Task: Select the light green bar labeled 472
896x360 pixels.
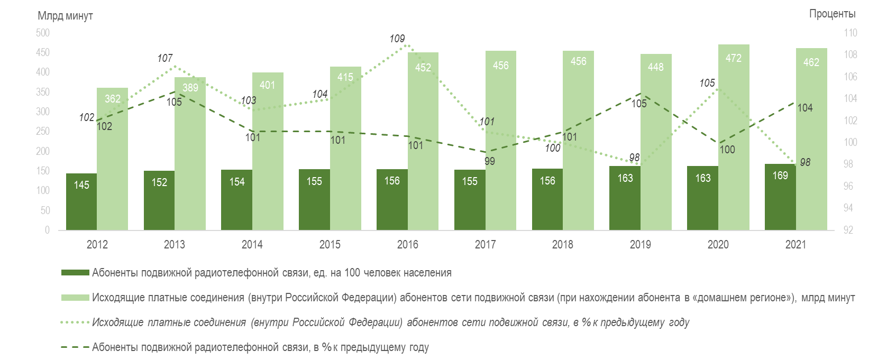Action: pos(734,137)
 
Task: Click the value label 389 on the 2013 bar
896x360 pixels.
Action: pos(190,88)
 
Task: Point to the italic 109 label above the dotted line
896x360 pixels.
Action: pos(397,39)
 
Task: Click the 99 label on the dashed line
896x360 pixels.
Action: pos(490,161)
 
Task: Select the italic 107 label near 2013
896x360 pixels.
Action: pos(165,58)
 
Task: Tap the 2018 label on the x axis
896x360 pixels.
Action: pos(563,244)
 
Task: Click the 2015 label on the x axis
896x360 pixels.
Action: pos(330,244)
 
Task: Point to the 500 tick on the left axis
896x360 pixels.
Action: pos(43,33)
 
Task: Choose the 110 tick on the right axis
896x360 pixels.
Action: pos(851,33)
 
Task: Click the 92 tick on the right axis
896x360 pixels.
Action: pos(848,230)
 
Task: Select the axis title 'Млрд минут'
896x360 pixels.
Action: pos(65,16)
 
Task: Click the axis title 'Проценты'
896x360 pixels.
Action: pos(832,14)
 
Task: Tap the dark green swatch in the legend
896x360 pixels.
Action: pos(75,273)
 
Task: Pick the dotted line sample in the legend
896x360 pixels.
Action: pos(75,322)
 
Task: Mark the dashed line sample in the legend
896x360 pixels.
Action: pos(75,347)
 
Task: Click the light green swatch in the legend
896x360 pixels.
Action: pos(75,298)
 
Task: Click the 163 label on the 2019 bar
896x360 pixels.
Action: pos(625,178)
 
